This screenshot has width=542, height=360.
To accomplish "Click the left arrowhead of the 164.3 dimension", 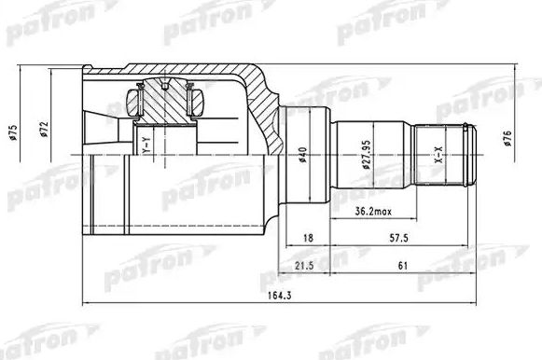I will [86, 304].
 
